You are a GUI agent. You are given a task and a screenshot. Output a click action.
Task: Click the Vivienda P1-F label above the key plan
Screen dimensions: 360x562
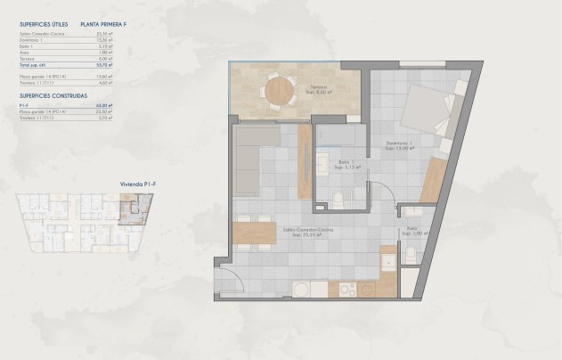pyautogui.click(x=134, y=184)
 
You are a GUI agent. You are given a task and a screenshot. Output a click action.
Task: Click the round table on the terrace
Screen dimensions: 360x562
pyautogui.click(x=280, y=90)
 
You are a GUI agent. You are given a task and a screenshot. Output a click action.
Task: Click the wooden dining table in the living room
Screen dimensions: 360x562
pyautogui.click(x=257, y=232)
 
